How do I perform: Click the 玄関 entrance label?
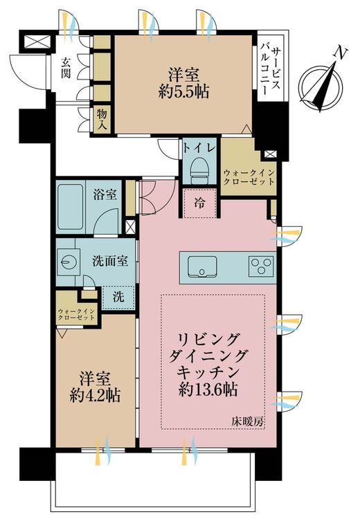point(66,68)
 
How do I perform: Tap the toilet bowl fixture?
point(199,170)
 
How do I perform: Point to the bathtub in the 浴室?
point(71,207)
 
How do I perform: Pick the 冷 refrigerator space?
point(199,203)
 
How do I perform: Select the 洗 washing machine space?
point(118,297)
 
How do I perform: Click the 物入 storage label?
point(102,120)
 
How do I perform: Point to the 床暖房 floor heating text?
point(248,421)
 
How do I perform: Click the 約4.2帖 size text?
point(95,395)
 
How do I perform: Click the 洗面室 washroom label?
point(110,262)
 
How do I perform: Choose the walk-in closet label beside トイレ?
point(249,177)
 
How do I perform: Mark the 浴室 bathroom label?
point(105,194)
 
